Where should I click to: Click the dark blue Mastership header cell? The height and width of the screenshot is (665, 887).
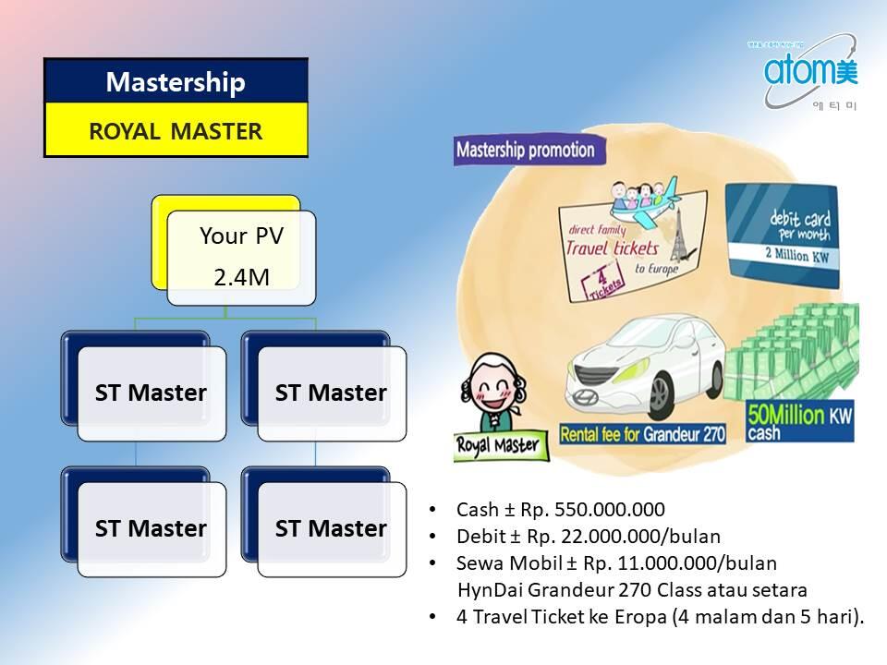coord(176,81)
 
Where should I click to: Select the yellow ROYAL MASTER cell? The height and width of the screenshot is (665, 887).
coord(176,130)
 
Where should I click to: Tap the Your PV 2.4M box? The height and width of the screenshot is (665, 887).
coord(241,257)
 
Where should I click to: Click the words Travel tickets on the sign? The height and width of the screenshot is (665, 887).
coord(612,248)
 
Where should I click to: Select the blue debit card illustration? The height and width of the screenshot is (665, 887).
coord(784,232)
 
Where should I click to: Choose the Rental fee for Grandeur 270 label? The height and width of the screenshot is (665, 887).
coord(644,432)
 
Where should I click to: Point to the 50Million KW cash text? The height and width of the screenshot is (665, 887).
coord(799,417)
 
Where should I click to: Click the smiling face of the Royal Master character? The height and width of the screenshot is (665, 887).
coord(490,393)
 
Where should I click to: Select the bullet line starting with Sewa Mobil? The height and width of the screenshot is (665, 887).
coord(616,562)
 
